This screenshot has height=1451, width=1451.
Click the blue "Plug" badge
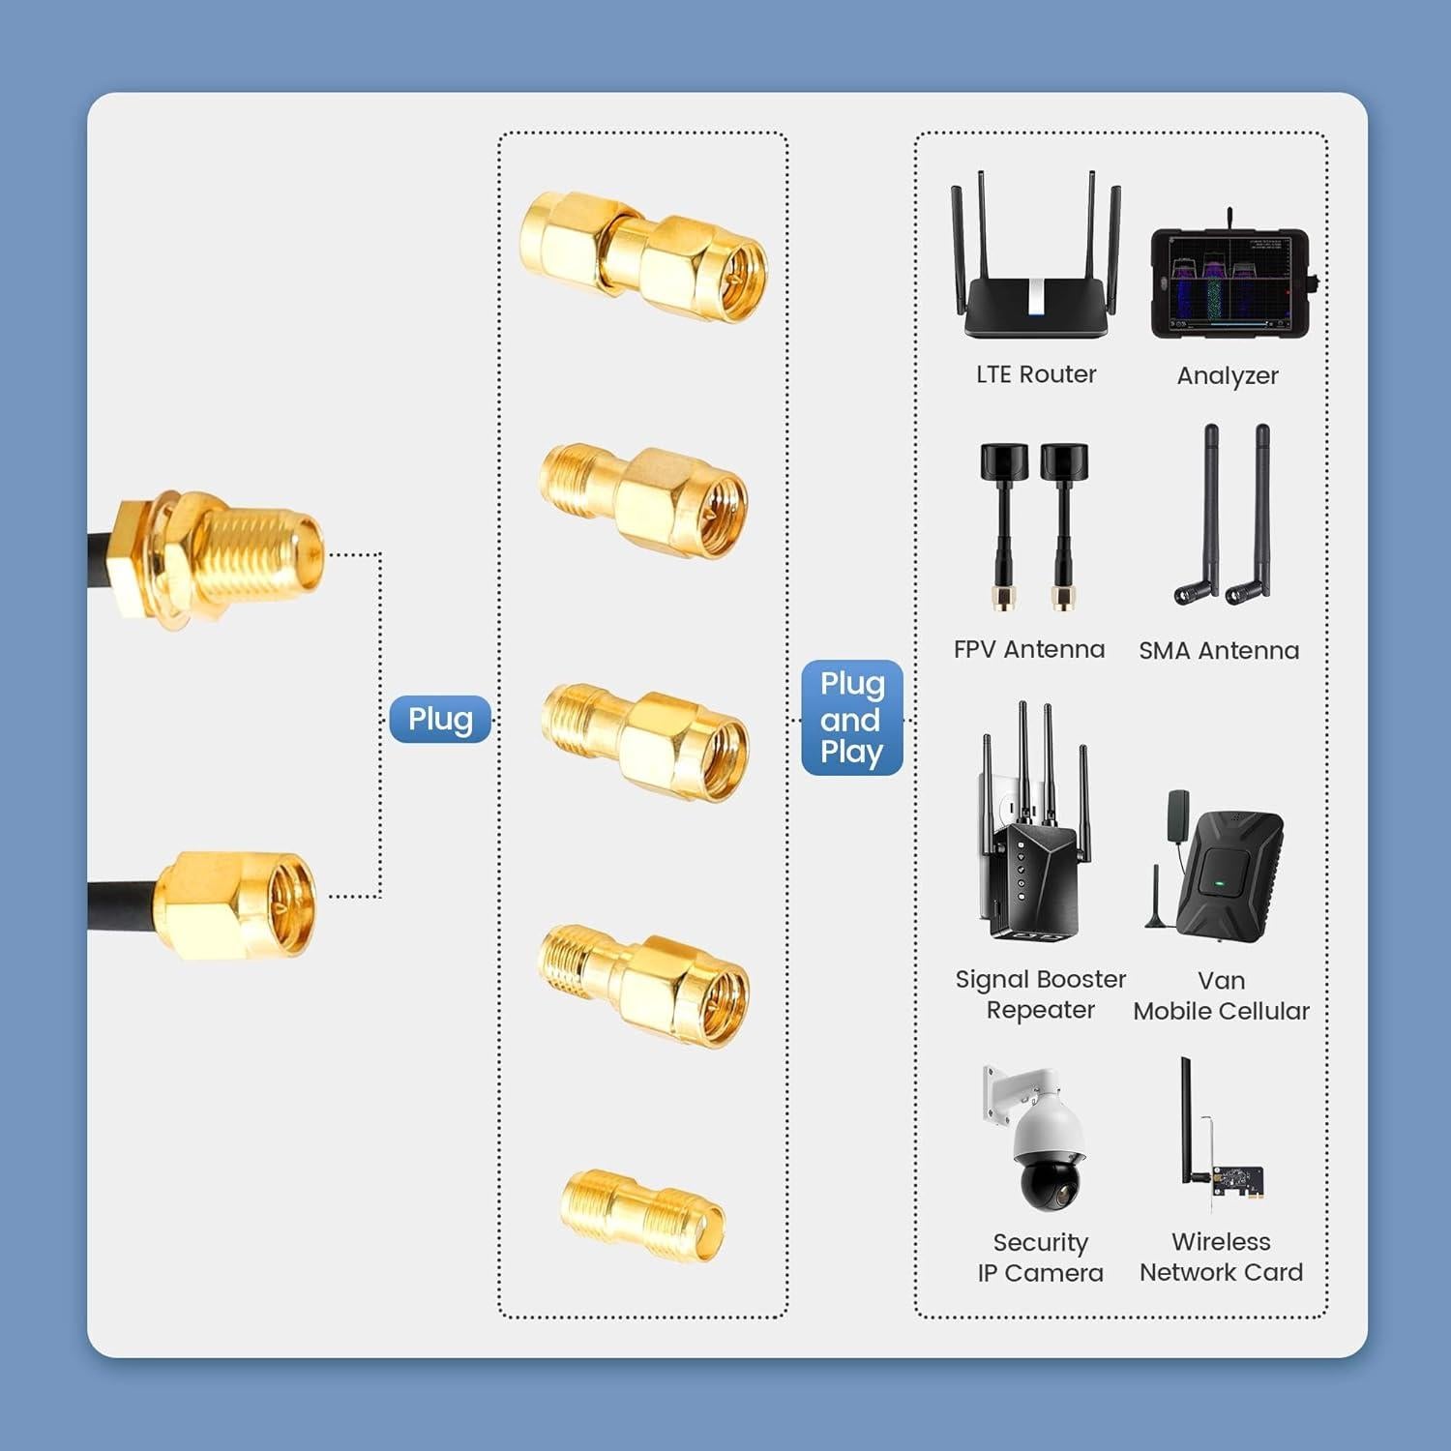pyautogui.click(x=440, y=720)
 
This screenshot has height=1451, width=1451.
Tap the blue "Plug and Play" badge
pyautogui.click(x=852, y=718)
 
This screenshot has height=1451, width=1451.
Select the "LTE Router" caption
pyautogui.click(x=1036, y=374)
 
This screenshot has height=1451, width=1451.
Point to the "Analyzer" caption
pyautogui.click(x=1228, y=375)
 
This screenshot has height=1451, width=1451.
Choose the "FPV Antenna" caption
pyautogui.click(x=1029, y=649)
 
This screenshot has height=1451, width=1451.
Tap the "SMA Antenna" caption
pyautogui.click(x=1219, y=650)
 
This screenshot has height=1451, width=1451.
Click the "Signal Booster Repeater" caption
pyautogui.click(x=1041, y=994)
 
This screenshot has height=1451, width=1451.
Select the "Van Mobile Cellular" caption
pyautogui.click(x=1222, y=995)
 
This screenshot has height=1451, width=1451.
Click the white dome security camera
pyautogui.click(x=1047, y=1151)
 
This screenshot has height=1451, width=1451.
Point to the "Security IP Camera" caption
pyautogui.click(x=1041, y=1258)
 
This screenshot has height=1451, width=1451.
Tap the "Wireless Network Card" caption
pyautogui.click(x=1222, y=1257)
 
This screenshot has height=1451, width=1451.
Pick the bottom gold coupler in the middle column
pyautogui.click(x=641, y=1216)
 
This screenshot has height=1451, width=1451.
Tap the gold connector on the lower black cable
pyautogui.click(x=238, y=904)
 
